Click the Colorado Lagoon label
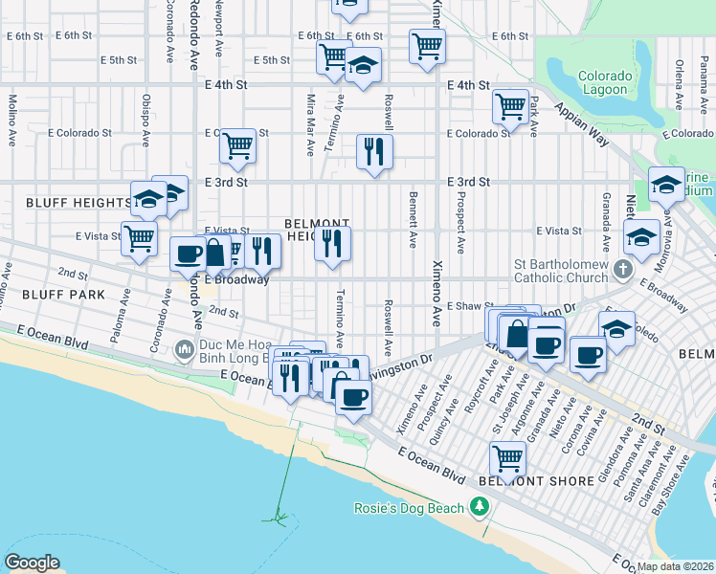tap(606, 83)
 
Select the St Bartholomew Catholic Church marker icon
tap(623, 269)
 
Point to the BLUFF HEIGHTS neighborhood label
tap(66, 203)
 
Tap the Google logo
tap(32, 563)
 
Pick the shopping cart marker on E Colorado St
tap(237, 145)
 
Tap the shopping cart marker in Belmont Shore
tap(507, 457)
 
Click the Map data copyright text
tap(676, 566)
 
